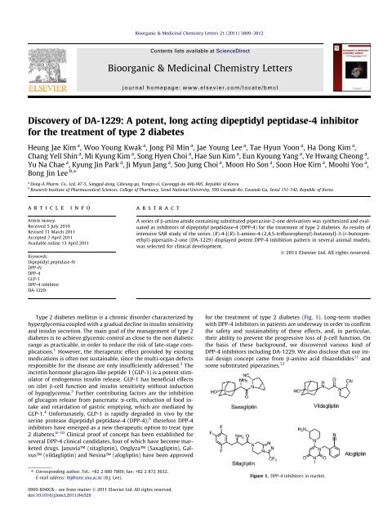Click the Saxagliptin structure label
click(x=238, y=427)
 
